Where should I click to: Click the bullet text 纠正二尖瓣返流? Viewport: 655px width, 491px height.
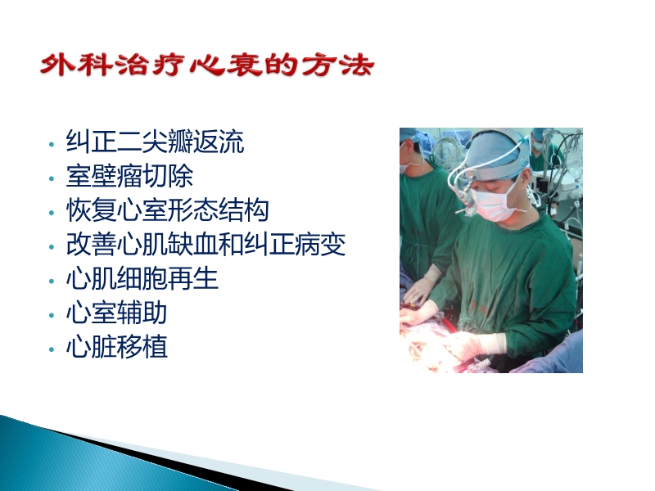tap(155, 142)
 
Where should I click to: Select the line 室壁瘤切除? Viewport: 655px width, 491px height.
tap(129, 176)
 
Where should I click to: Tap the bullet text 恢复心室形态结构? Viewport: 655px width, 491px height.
tap(167, 210)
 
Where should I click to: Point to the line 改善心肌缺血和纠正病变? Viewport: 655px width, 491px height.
tap(206, 245)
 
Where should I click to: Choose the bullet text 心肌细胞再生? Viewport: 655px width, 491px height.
tap(142, 279)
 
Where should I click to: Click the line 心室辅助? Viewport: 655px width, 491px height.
tap(116, 313)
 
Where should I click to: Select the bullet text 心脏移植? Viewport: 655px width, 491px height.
tap(116, 347)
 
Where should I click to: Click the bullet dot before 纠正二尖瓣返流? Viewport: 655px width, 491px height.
tap(52, 144)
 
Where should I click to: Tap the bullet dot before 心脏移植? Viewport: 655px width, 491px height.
tap(52, 349)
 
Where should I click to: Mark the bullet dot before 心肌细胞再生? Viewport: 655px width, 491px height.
tap(52, 281)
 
